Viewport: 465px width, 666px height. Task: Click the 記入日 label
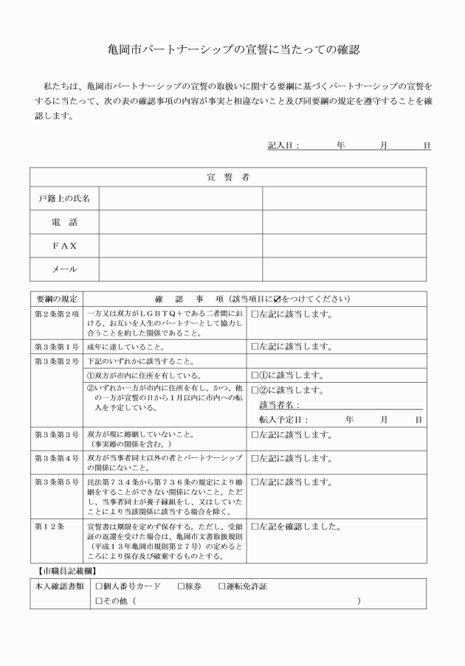(x=283, y=145)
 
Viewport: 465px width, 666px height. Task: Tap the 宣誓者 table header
(x=227, y=177)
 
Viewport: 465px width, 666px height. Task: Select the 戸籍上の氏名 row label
(x=64, y=199)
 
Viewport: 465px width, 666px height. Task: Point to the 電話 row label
(x=64, y=222)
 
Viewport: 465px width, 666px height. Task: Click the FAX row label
(x=64, y=246)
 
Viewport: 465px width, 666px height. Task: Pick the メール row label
(x=64, y=269)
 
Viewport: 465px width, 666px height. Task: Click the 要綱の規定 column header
(x=57, y=299)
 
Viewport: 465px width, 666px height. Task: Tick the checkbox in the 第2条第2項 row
(x=255, y=314)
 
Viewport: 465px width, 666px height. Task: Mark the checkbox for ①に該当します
(x=255, y=375)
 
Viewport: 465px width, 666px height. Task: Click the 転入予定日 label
(x=283, y=420)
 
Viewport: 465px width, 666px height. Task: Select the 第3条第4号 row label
(x=57, y=459)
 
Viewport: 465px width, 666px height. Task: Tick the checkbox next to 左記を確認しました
(x=255, y=527)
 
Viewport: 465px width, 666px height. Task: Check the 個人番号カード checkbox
(x=100, y=587)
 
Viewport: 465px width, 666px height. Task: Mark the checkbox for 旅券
(x=181, y=587)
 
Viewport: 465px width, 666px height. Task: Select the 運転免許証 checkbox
(x=222, y=587)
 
